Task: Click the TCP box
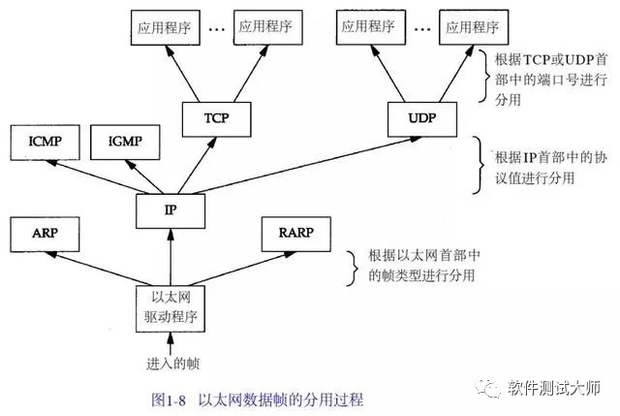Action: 216,119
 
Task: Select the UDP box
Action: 422,119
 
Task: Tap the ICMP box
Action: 46,143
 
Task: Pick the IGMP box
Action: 125,143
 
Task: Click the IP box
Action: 170,210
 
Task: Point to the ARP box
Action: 45,234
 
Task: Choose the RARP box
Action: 296,234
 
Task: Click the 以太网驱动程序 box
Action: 170,308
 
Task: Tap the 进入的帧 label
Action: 172,364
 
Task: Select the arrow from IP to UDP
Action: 307,166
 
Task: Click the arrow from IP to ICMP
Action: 100,176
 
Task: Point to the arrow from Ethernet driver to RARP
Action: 241,269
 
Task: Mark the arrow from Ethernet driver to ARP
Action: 100,269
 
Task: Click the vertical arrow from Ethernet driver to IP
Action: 170,257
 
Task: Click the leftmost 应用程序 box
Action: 166,28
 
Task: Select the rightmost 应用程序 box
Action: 474,28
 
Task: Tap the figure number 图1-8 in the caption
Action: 169,400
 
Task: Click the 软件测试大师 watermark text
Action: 554,388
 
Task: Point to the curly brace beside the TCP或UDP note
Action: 484,76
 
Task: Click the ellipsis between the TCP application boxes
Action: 217,29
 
